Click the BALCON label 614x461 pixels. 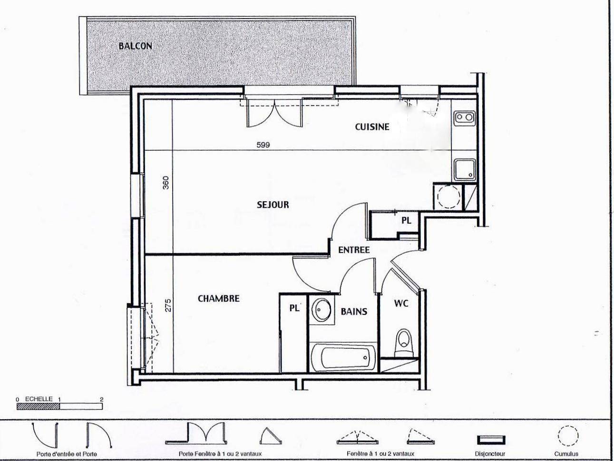[x=136, y=46]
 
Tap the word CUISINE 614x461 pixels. [x=372, y=127]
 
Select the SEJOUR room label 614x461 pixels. [x=273, y=205]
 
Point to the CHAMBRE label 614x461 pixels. [x=219, y=299]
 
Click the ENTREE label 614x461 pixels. [x=354, y=250]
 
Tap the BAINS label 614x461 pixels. [x=354, y=312]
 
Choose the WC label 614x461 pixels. [x=401, y=303]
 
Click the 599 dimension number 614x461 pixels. [x=263, y=145]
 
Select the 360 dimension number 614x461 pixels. [x=166, y=182]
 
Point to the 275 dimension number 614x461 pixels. [x=167, y=305]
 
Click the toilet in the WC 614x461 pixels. [x=403, y=342]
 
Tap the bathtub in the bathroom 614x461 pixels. [x=343, y=357]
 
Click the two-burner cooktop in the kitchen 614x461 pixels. [x=465, y=117]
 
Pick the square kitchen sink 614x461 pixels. [x=464, y=169]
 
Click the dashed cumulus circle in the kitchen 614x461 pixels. [x=448, y=196]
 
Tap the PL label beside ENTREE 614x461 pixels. [x=407, y=221]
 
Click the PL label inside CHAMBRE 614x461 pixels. [x=294, y=308]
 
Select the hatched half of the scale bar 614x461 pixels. [x=38, y=406]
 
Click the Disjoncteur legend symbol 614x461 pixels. [x=491, y=440]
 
